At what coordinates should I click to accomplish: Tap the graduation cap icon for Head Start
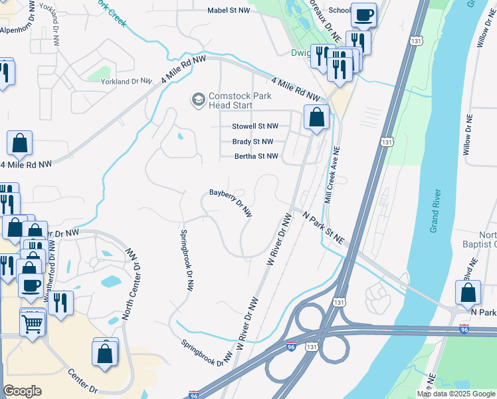(x=197, y=100)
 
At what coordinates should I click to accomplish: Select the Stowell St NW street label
(x=254, y=126)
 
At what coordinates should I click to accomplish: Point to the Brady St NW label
(x=252, y=142)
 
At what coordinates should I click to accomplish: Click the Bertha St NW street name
(x=256, y=157)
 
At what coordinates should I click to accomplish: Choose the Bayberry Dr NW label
(x=231, y=201)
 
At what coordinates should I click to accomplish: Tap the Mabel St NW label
(x=209, y=11)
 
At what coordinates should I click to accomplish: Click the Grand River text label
(x=435, y=212)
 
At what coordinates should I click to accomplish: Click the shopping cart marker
(x=32, y=325)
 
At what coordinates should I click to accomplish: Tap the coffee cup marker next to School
(x=363, y=15)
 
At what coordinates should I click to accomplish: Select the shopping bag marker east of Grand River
(x=468, y=292)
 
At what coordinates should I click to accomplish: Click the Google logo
(x=22, y=391)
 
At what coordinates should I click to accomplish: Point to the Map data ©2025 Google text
(x=456, y=394)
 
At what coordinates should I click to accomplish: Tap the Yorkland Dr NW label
(x=126, y=81)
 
